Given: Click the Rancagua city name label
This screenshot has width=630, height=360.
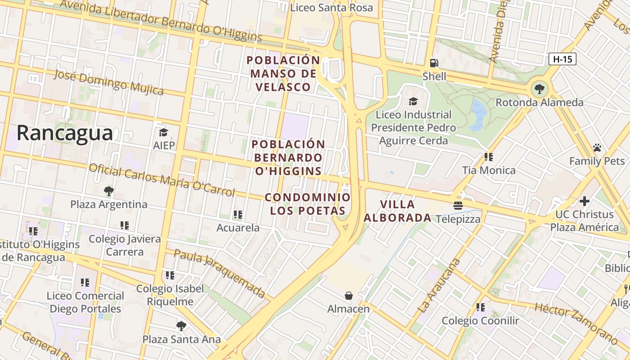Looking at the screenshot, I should point(65,133).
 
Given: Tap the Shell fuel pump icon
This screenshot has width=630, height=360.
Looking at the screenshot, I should point(434,63).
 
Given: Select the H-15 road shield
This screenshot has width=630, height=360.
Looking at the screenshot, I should point(562,58).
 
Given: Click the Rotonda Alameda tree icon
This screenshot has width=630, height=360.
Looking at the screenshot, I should point(539,89).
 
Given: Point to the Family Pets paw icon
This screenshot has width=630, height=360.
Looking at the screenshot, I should point(597,148).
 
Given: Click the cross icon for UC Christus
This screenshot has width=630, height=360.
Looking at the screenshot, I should point(585,201).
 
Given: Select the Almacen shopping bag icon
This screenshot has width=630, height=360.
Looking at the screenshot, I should point(348,296).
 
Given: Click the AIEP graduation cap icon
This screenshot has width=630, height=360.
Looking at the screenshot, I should point(163,132).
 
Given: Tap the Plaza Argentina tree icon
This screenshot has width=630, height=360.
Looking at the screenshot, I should point(108,191).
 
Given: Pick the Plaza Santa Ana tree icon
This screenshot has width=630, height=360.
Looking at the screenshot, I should point(181,326).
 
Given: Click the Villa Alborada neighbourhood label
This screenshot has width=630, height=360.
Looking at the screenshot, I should point(397,211).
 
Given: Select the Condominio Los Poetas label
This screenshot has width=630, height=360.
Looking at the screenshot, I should point(307,204).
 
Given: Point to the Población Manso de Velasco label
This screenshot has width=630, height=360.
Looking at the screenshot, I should point(283,73).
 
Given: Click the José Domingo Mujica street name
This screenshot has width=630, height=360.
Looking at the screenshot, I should point(108,82).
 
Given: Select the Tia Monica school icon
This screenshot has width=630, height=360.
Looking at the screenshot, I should point(489,157).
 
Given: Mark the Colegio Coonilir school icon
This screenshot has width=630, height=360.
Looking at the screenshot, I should point(481,307).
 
